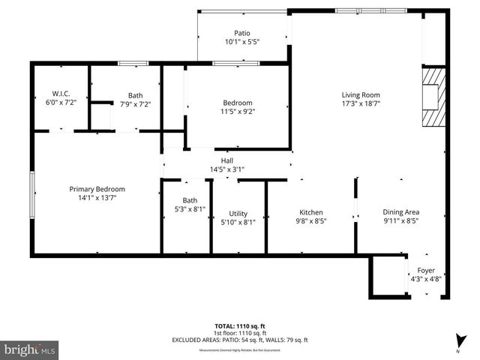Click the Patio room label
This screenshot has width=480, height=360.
pos(241,33)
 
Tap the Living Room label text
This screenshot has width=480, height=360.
pos(361,94)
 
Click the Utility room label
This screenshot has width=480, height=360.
pos(238,214)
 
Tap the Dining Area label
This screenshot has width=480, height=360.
pos(401,212)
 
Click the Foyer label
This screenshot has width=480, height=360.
pos(426,270)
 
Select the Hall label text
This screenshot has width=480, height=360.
pos(226,160)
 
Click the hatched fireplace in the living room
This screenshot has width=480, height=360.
pos(434,98)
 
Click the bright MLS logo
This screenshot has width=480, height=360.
pos(29,349)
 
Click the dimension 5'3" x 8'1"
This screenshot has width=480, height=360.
pos(190,210)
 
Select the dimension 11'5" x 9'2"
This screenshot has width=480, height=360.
pos(237,112)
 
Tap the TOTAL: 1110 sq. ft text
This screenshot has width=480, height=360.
pos(239,326)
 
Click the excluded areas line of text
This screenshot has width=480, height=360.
pos(239,340)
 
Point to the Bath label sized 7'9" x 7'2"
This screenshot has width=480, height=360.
pos(135,95)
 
